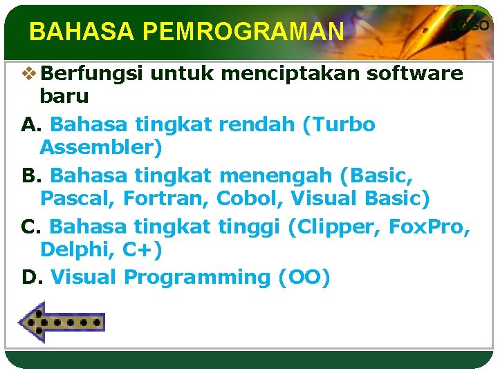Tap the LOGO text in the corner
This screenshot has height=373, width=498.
(x=470, y=26)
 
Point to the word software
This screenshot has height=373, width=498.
(x=416, y=74)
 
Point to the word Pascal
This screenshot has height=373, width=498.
(x=77, y=199)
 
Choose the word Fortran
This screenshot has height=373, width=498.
(x=166, y=199)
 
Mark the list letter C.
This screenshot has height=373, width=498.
(x=31, y=227)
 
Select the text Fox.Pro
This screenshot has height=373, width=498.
(x=430, y=227)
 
